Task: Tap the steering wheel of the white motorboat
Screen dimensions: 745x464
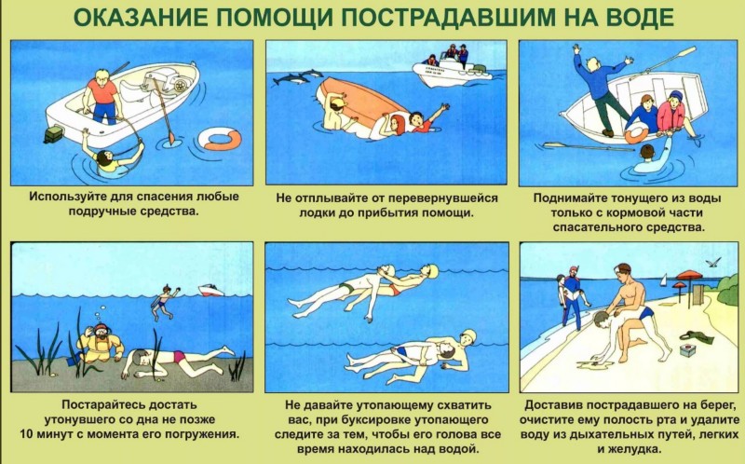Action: pyautogui.click(x=180, y=86)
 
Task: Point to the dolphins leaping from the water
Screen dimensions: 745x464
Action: pyautogui.click(x=298, y=77)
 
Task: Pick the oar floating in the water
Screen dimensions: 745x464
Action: pyautogui.click(x=589, y=146)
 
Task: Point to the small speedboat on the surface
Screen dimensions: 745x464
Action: pyautogui.click(x=211, y=290)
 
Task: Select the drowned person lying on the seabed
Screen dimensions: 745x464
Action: pyautogui.click(x=177, y=362)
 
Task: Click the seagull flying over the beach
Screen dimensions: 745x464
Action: pyautogui.click(x=713, y=262)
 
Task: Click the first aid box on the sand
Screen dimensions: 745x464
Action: pyautogui.click(x=687, y=350)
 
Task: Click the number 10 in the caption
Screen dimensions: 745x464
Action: pyautogui.click(x=26, y=434)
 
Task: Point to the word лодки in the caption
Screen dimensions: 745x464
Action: pyautogui.click(x=315, y=212)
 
